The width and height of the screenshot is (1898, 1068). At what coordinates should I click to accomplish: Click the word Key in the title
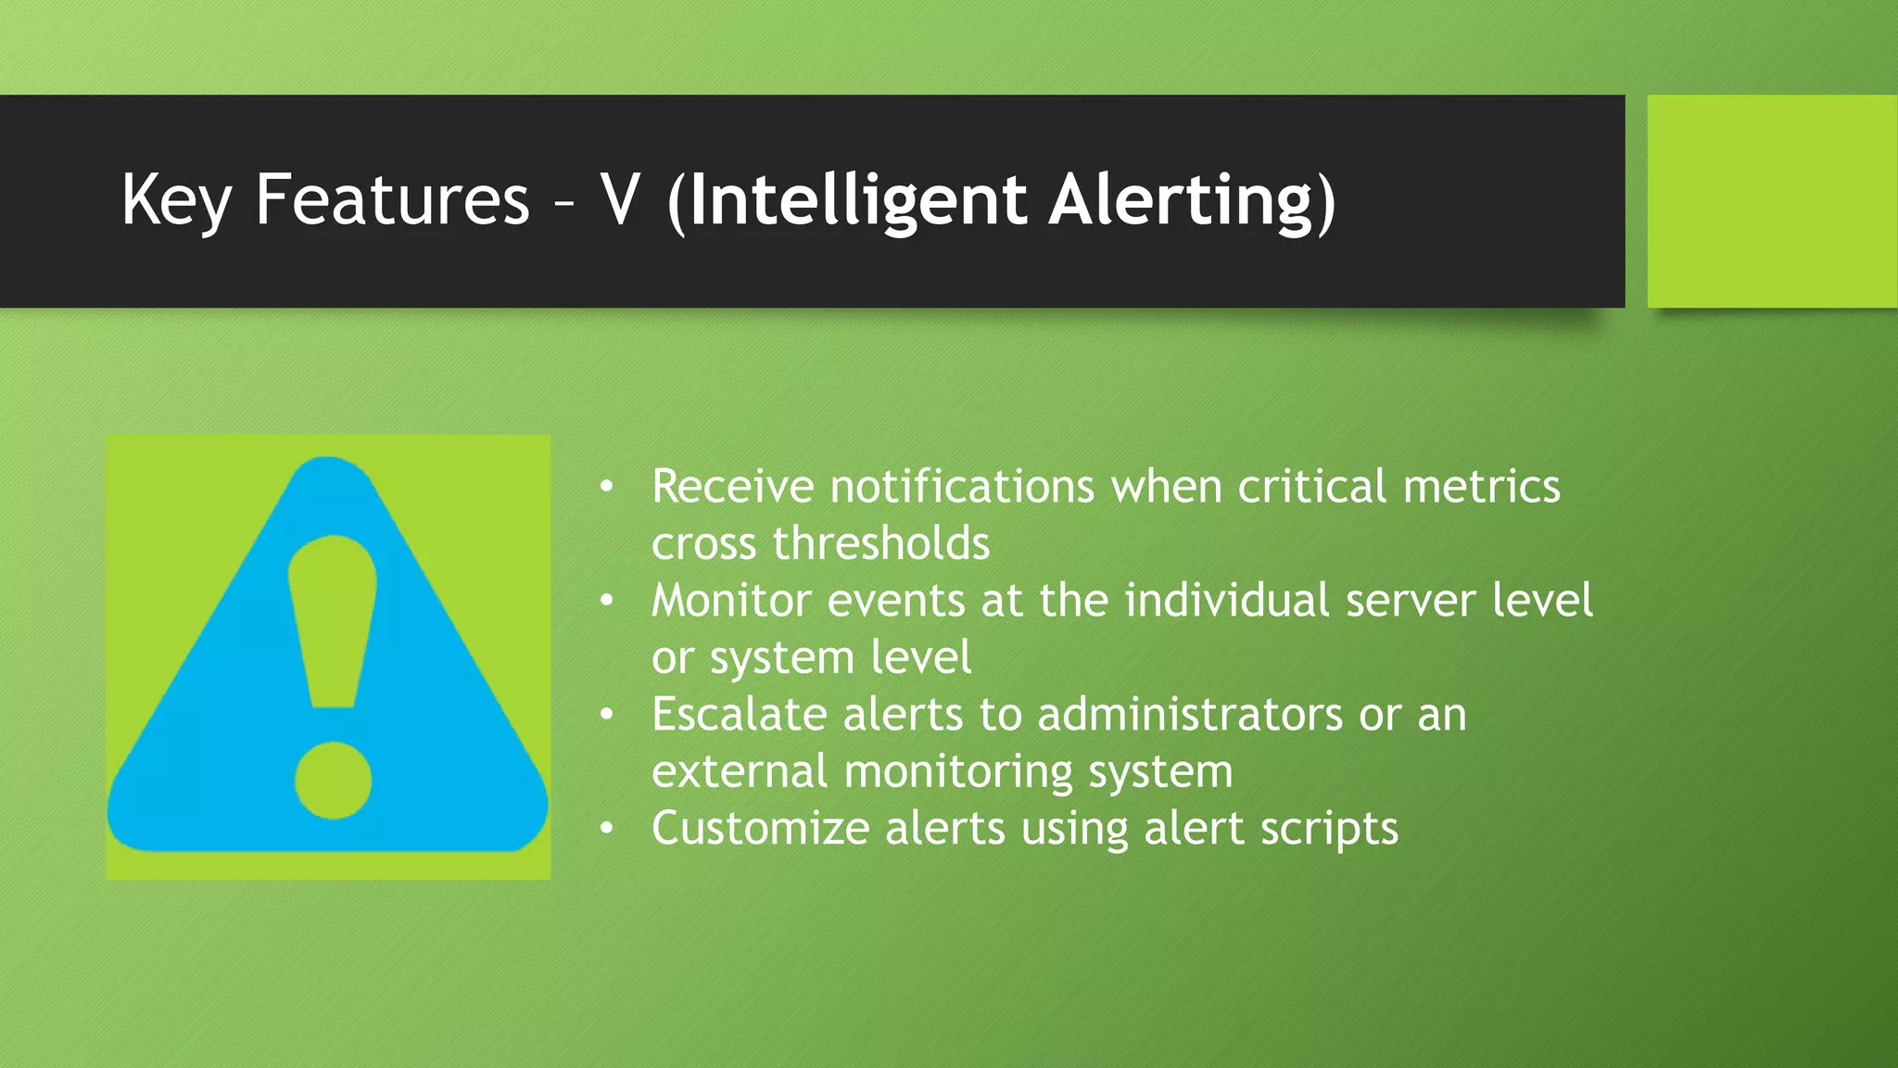tap(175, 200)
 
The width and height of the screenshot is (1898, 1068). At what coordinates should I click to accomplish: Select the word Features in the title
tap(392, 200)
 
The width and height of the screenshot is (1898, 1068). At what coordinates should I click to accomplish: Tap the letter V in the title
tap(620, 200)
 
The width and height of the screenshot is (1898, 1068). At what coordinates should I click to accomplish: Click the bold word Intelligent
tap(858, 200)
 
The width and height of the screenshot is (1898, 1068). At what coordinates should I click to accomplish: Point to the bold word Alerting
tap(1183, 200)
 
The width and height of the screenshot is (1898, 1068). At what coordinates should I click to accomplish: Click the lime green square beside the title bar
tap(1771, 200)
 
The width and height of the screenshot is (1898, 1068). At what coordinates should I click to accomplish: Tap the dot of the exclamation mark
tap(333, 780)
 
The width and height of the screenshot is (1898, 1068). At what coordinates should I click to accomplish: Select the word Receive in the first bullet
tap(732, 487)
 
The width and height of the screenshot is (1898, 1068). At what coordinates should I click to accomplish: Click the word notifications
tap(962, 487)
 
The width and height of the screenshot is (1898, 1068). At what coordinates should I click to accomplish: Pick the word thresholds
tap(880, 543)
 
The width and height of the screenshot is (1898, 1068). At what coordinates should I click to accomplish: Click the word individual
tap(1227, 601)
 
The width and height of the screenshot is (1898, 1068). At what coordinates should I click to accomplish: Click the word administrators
tap(1190, 715)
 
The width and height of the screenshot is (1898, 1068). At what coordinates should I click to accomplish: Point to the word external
tap(739, 771)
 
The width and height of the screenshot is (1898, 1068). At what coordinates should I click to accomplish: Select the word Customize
tap(760, 829)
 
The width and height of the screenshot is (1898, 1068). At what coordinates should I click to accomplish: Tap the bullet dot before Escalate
tap(606, 715)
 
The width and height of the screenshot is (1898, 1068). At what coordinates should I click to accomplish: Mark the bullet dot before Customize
tap(606, 829)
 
